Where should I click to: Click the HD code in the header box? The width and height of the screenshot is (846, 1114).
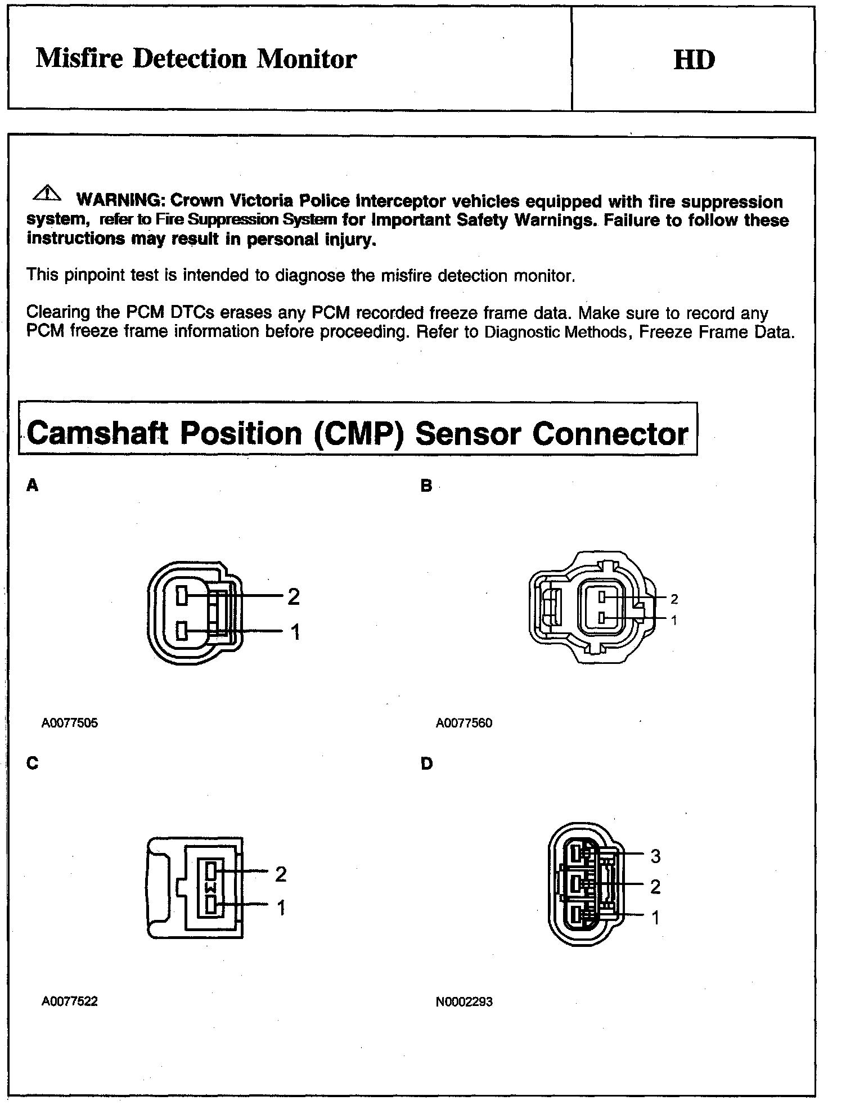pos(694,60)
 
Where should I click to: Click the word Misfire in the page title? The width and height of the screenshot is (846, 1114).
pos(79,59)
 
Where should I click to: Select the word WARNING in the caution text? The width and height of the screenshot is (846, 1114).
pos(119,200)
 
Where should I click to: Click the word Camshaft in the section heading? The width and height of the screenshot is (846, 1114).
pos(97,434)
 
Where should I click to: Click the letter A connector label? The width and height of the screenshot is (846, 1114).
pos(33,485)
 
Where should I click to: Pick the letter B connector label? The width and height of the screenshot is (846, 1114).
pos(426,486)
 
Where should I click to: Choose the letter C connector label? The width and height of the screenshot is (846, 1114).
pos(33,763)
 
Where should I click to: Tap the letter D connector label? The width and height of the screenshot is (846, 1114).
pos(426,763)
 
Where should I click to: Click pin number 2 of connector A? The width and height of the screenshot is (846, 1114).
pos(294,596)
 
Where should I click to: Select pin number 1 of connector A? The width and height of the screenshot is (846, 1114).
pos(295,632)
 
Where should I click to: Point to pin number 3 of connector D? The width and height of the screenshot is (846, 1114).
pos(655,856)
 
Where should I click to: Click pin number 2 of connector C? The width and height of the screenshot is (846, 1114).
pos(281,874)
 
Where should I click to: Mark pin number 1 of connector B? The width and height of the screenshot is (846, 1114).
pos(674,621)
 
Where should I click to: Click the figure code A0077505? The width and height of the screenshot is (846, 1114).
pos(70,723)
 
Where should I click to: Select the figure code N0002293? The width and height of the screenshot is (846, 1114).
pos(464,1001)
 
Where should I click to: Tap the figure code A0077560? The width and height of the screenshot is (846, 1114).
pos(464,723)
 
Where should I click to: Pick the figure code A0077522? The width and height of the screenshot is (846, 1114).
pos(70,1001)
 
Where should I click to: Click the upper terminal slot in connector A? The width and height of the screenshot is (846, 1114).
pos(182,595)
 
